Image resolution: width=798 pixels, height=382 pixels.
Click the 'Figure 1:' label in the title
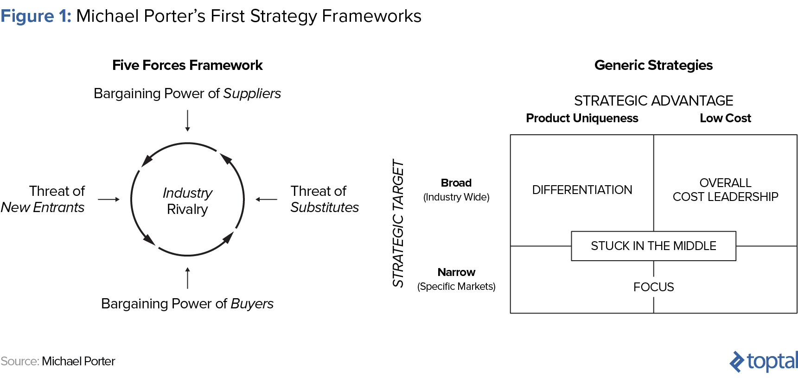click(36, 16)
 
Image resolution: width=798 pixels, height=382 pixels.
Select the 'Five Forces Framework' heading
click(187, 65)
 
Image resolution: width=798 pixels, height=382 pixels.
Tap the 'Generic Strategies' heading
click(653, 65)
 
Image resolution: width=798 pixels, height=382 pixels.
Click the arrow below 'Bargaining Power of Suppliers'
click(187, 120)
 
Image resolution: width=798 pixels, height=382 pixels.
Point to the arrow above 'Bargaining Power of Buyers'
click(187, 278)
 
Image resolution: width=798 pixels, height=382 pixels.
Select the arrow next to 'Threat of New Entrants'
click(109, 200)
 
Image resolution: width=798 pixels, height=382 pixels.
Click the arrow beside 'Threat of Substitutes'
click(266, 200)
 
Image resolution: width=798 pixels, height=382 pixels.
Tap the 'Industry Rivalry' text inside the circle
click(187, 201)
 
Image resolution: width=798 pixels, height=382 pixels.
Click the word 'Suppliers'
click(252, 94)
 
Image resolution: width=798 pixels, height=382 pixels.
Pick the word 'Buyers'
click(252, 304)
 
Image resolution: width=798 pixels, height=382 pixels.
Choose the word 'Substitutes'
click(325, 207)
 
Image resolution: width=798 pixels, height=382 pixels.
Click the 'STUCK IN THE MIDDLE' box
click(653, 246)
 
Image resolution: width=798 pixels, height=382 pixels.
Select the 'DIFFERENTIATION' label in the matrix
click(582, 190)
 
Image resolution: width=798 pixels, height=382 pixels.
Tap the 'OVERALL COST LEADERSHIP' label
click(725, 190)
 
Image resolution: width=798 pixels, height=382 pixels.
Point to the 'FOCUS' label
click(653, 287)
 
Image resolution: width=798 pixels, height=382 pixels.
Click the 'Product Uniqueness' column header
click(582, 119)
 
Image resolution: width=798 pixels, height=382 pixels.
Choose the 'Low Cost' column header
click(725, 119)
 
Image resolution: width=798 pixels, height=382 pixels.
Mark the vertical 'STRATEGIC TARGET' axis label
click(398, 223)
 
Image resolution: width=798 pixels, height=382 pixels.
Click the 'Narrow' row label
click(456, 272)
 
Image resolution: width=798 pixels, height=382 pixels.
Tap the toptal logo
click(764, 361)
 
